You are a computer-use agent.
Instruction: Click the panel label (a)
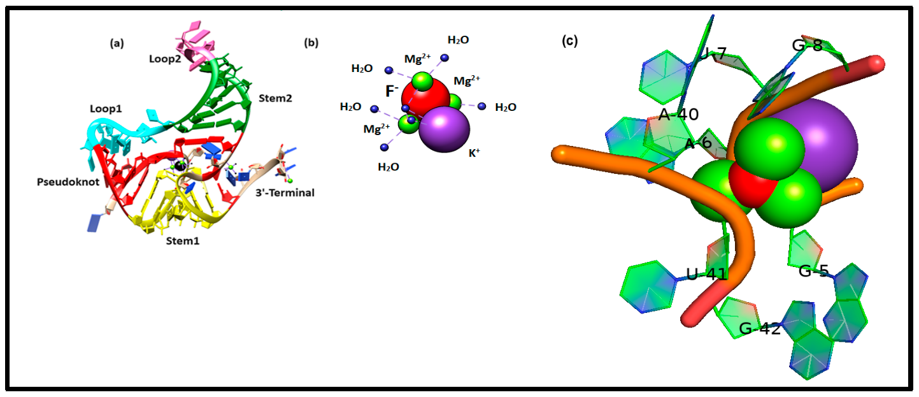tap(117, 43)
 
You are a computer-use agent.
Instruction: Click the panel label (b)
tap(311, 43)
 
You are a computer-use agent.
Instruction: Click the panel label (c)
tap(569, 41)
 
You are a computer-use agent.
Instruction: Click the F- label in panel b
tap(392, 91)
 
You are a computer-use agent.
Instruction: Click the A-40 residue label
tap(678, 115)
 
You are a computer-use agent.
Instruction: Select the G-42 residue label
tap(759, 329)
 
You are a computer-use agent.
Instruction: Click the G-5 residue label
tap(814, 271)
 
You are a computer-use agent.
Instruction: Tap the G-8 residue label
tap(807, 45)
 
